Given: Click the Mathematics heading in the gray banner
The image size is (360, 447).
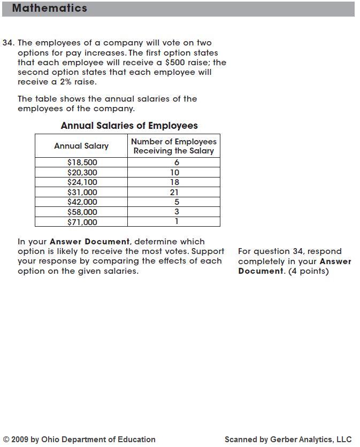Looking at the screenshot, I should pos(49,9).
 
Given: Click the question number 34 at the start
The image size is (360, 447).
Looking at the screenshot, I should pos(8,43).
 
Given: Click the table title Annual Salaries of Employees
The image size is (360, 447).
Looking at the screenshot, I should pos(129,126).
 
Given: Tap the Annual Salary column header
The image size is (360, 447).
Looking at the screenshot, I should pos(81,146).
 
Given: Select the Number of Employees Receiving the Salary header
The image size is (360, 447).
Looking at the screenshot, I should pos(174,146).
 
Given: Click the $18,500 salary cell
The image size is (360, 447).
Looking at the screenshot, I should pos(82,162).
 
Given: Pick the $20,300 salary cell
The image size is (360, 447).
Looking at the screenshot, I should pos(82,172).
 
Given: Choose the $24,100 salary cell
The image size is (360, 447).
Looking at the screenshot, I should pos(82,182).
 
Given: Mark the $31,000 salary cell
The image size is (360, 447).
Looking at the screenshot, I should pos(82,192).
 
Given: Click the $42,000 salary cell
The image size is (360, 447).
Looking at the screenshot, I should pos(82,202).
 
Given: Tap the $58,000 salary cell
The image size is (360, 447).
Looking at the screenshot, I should pos(82,212).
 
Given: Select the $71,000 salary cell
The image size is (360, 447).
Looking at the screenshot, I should pos(82,222).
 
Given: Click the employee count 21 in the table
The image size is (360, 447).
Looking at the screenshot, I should pos(174,192).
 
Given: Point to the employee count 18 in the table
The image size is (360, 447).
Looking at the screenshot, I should pos(174,182).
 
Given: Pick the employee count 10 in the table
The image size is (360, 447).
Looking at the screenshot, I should pos(174,172).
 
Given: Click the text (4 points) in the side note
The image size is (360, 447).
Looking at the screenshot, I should pos(307,271).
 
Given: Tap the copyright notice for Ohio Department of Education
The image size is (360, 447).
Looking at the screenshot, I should pos(79,440).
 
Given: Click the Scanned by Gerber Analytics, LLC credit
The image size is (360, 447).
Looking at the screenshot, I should pos(288,440).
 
